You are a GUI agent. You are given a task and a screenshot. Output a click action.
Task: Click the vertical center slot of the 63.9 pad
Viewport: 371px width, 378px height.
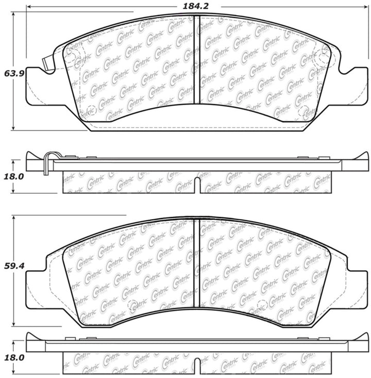(x=196, y=59)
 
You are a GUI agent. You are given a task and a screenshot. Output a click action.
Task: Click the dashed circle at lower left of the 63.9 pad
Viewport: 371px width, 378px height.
(x=91, y=110)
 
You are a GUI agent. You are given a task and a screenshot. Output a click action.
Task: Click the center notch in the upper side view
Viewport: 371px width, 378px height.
(x=196, y=186)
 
